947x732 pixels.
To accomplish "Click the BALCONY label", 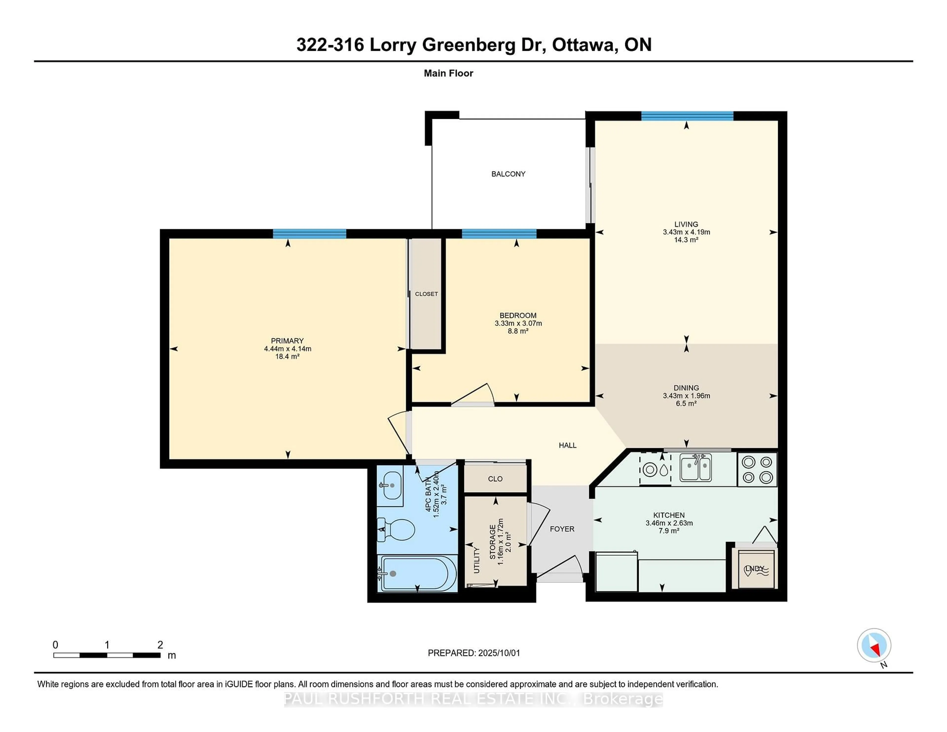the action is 508,174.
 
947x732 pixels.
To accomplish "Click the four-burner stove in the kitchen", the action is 757,469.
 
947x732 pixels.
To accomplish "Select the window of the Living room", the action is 687,116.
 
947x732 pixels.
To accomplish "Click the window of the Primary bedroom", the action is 310,234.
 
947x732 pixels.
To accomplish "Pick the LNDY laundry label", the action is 754,568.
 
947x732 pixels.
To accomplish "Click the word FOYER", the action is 562,529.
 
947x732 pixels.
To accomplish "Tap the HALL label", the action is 568,445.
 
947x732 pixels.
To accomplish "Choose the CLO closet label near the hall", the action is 495,479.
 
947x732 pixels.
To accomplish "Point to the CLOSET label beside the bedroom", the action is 426,294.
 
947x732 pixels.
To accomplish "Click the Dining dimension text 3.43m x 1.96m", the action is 686,396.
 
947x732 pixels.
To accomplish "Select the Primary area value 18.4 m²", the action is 288,356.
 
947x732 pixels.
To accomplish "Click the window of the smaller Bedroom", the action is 499,234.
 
